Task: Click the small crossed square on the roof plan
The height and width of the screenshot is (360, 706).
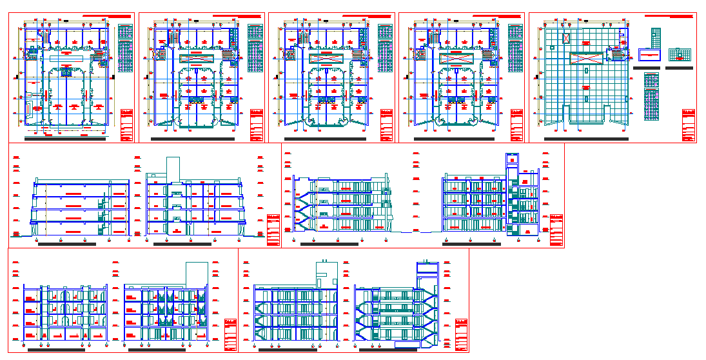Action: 565,39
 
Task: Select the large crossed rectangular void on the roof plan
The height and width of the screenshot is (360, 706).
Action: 587,58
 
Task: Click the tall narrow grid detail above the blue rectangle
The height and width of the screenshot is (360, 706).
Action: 656,37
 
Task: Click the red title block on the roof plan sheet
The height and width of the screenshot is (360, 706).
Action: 688,125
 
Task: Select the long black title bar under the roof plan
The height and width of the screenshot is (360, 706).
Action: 585,139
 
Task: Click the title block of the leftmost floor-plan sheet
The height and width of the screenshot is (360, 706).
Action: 126,125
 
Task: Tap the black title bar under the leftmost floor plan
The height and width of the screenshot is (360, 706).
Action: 65,139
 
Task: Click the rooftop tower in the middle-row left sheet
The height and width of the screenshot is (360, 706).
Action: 173,169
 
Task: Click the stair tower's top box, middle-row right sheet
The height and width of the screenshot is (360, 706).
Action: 513,159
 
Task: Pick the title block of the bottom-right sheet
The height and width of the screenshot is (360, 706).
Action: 461,335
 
